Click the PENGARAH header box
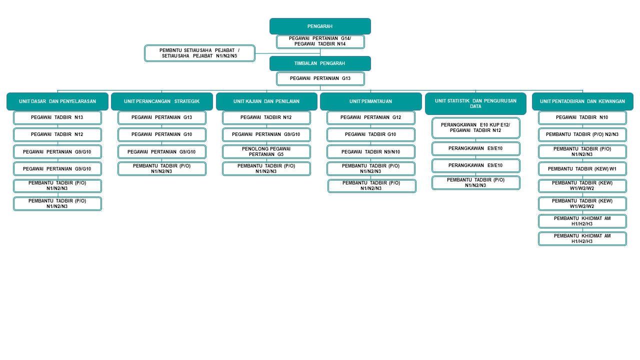pyautogui.click(x=320, y=26)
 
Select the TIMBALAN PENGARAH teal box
pyautogui.click(x=320, y=63)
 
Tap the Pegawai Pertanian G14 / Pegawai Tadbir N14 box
pyautogui.click(x=320, y=41)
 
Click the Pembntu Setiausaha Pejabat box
pyautogui.click(x=199, y=53)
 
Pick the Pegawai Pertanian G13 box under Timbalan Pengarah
pyautogui.click(x=320, y=78)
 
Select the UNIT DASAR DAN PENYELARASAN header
pyautogui.click(x=57, y=101)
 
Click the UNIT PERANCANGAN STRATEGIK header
pyautogui.click(x=161, y=101)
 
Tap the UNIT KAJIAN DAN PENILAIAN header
pyautogui.click(x=266, y=101)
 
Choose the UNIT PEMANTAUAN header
pyautogui.click(x=370, y=101)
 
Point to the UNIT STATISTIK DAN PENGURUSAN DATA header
pyautogui.click(x=475, y=103)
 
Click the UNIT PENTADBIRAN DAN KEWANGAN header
pyautogui.click(x=582, y=101)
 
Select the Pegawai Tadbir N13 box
pyautogui.click(x=57, y=117)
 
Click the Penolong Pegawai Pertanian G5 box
pyautogui.click(x=266, y=151)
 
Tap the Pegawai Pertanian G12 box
pyautogui.click(x=370, y=117)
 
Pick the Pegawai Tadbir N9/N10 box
pyautogui.click(x=370, y=151)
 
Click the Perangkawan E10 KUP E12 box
pyautogui.click(x=475, y=127)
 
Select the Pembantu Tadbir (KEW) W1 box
pyautogui.click(x=582, y=168)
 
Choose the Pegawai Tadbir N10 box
pyautogui.click(x=582, y=117)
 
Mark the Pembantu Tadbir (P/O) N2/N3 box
pyautogui.click(x=582, y=134)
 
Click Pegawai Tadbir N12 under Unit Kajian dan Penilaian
pyautogui.click(x=266, y=117)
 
